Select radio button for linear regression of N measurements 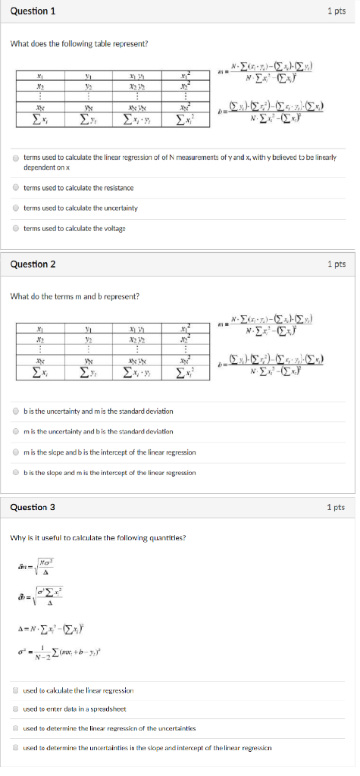point(15,159)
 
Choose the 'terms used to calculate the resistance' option point(15,187)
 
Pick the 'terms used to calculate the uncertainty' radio point(15,208)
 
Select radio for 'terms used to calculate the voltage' point(15,228)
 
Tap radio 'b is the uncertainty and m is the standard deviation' point(15,411)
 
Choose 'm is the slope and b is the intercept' point(15,452)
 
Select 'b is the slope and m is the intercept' point(15,472)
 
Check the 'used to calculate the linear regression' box point(15,690)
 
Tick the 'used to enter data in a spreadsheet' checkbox point(15,709)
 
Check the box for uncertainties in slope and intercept point(15,747)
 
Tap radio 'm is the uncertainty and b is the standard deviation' point(15,431)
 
